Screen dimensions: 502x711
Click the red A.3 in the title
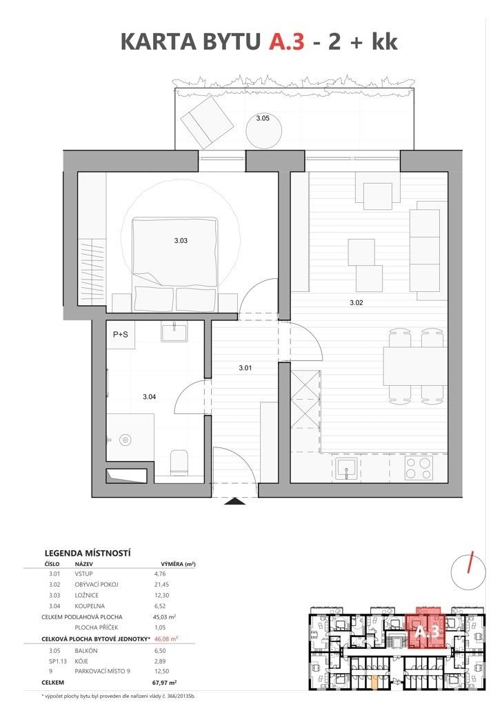coord(287,41)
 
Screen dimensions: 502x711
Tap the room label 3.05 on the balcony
coord(263,118)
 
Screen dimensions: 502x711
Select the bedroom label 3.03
coord(181,240)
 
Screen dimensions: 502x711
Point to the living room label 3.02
coord(357,303)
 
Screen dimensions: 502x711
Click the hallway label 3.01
coord(245,368)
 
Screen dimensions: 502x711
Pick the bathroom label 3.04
coord(150,397)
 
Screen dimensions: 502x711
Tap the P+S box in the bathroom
coord(121,335)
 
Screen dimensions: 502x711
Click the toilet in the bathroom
coord(179,462)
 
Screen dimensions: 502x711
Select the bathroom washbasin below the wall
coord(174,332)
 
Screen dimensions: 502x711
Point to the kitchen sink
coord(347,469)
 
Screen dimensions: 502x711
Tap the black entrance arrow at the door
coord(234,501)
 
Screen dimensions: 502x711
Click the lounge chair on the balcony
coord(208,122)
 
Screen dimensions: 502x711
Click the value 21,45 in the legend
coord(161,585)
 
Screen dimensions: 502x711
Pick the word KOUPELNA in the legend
coord(90,606)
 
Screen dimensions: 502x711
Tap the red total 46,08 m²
coord(165,639)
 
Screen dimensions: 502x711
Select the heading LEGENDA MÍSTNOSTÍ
coord(88,553)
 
